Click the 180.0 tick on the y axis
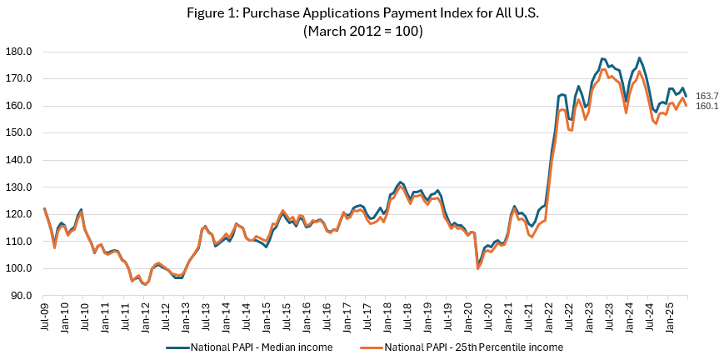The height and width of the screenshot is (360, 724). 17,52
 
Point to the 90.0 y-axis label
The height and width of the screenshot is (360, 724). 19,295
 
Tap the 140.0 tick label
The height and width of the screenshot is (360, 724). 17,160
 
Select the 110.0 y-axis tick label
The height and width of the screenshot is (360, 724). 17,241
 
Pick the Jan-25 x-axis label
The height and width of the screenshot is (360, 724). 667,317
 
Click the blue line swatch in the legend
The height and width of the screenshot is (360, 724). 177,347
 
